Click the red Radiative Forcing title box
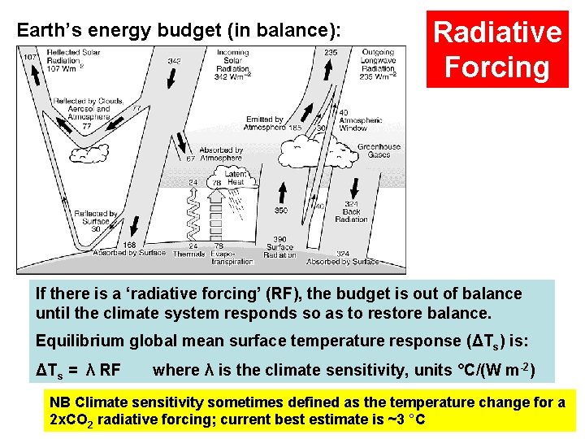click(497, 49)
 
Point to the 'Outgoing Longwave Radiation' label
click(378, 63)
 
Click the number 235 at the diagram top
click(331, 53)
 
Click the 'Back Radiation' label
click(351, 214)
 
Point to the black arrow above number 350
click(281, 193)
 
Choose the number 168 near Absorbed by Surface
click(129, 245)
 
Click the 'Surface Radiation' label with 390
click(281, 248)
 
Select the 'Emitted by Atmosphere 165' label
click(272, 124)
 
